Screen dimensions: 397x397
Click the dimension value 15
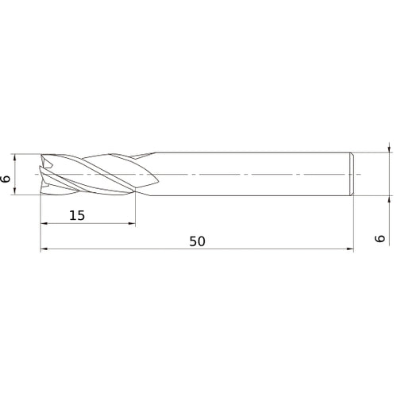coord(77,216)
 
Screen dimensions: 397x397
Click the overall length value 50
coord(197,241)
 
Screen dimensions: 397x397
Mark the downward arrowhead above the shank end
coord(389,148)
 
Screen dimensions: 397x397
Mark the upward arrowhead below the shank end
coord(389,198)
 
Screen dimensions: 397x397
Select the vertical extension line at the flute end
coord(136,210)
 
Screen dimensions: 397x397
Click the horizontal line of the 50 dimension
coord(238,250)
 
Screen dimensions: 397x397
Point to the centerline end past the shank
coord(359,173)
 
